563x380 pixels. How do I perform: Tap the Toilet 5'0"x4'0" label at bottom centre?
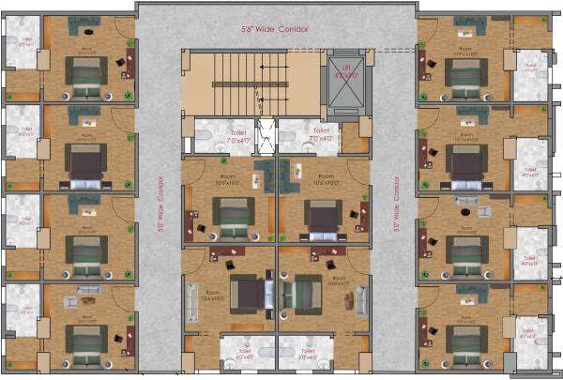coord(310,355)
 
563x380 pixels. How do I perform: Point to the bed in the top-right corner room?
coord(463,79)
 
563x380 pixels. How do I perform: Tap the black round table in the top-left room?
coord(121,60)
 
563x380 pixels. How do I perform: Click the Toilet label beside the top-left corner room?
coord(22,41)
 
